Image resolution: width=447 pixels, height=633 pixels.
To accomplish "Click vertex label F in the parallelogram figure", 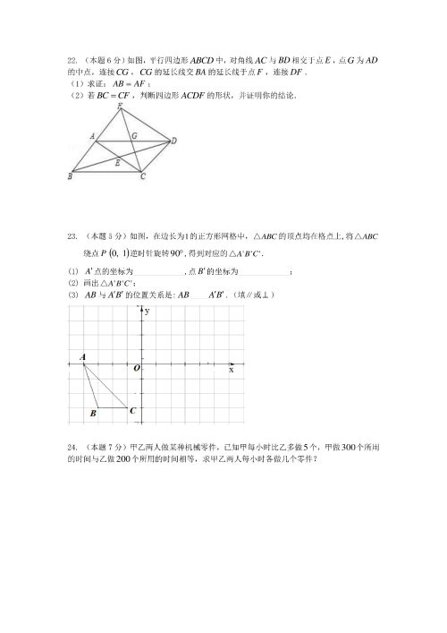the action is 120,107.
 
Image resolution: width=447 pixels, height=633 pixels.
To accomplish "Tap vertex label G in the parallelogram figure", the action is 133,135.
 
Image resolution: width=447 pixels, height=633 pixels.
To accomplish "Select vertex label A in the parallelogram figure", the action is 92,136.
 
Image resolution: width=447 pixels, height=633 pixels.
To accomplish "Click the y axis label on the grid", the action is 146,311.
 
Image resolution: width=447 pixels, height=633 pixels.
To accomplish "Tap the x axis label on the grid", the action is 232,370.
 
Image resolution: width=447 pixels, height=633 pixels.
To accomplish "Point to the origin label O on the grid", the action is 137,368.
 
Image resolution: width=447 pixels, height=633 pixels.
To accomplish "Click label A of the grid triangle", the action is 82,356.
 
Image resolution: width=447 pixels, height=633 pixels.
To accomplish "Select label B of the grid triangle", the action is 93,414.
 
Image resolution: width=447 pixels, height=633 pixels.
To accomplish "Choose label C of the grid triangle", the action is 133,411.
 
